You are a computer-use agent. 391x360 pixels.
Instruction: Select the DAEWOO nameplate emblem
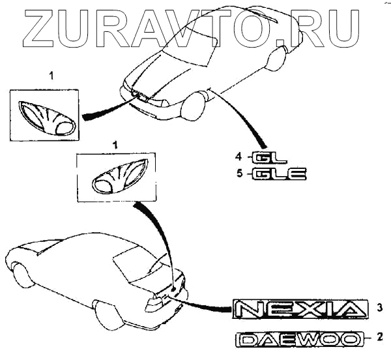point(300,339)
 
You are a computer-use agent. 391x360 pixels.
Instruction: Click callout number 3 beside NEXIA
point(377,307)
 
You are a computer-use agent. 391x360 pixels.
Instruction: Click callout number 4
point(239,157)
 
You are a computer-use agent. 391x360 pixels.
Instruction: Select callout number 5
point(239,173)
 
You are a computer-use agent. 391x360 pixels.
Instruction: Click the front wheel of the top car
point(193,107)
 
